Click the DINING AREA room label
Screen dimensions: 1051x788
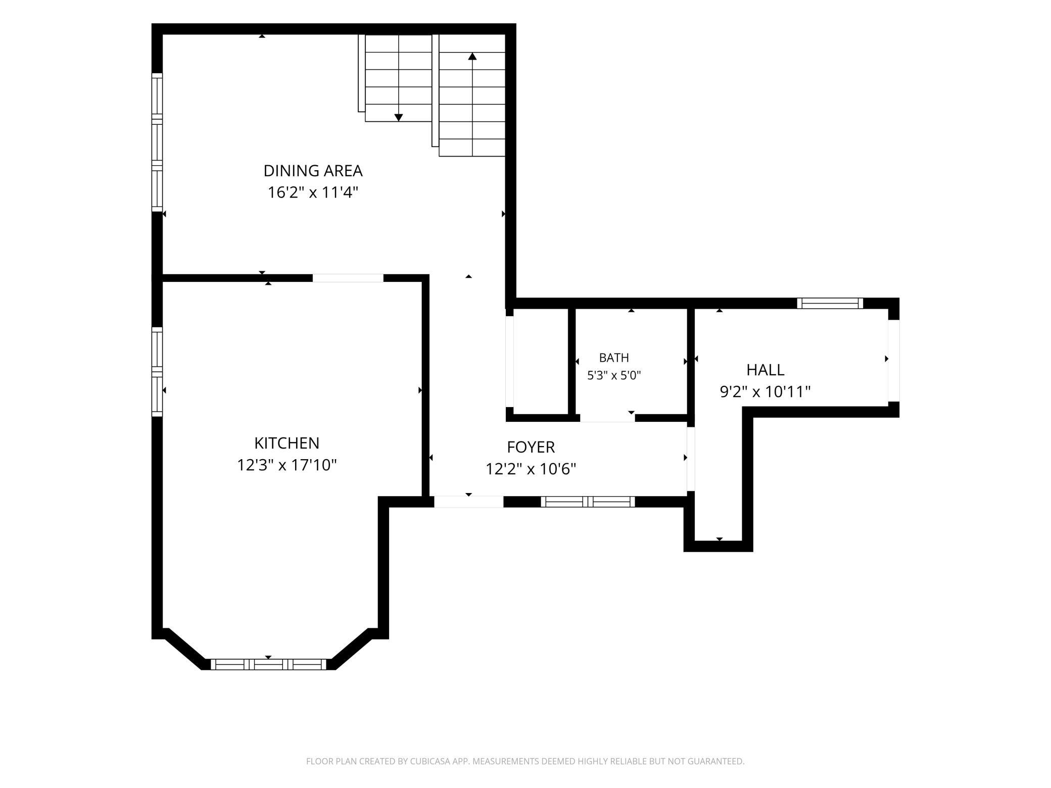click(313, 171)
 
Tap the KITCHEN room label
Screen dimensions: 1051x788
click(286, 443)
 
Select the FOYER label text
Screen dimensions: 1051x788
click(531, 447)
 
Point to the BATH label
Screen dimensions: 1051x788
click(614, 358)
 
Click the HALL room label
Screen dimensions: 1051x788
click(765, 370)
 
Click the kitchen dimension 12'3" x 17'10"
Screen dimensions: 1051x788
click(286, 465)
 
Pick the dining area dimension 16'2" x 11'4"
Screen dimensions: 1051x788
click(313, 192)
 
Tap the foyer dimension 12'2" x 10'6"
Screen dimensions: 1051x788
click(531, 469)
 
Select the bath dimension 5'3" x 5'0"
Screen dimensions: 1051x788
click(614, 375)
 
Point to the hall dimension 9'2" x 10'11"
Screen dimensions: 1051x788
click(765, 391)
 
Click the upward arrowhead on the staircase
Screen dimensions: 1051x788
click(472, 56)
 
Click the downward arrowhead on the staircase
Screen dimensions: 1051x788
click(399, 118)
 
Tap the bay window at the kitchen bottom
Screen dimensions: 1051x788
click(268, 664)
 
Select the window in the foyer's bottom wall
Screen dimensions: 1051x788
click(588, 502)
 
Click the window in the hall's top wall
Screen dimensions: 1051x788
click(830, 303)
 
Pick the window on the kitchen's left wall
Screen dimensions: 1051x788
click(157, 372)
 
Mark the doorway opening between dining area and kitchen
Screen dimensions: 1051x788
click(348, 278)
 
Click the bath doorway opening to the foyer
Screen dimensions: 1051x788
click(607, 418)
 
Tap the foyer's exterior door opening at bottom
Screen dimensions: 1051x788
click(469, 502)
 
